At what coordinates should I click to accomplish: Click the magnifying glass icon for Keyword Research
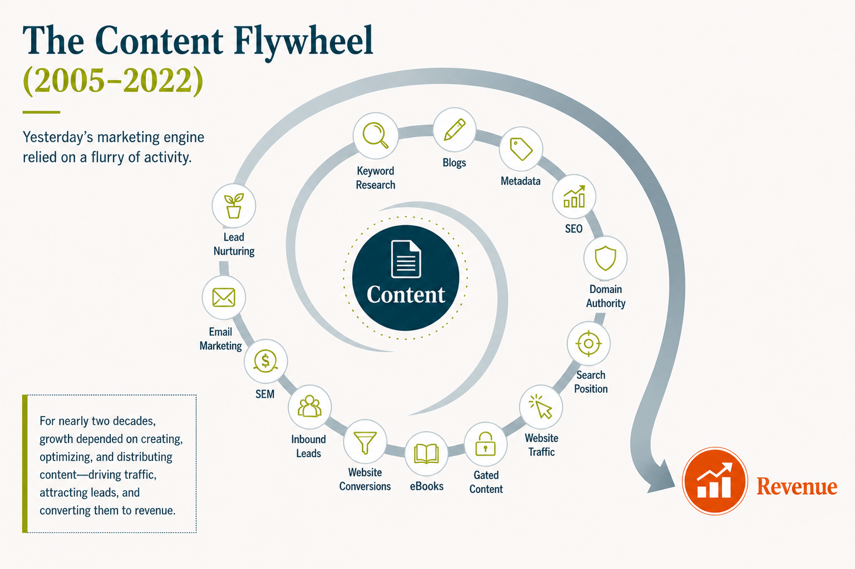click(375, 135)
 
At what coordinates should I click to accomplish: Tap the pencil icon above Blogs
click(454, 130)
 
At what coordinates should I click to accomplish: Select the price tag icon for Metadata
click(521, 149)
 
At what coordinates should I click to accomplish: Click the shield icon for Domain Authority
click(605, 258)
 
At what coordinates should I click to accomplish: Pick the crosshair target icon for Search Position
click(589, 344)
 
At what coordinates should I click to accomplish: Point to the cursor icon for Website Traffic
click(541, 407)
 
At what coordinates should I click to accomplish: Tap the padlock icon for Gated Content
click(486, 444)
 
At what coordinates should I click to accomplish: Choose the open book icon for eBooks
click(426, 453)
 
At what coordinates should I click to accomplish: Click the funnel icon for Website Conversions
click(365, 442)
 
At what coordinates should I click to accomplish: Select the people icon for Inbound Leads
click(309, 407)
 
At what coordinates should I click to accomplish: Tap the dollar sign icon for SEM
click(265, 361)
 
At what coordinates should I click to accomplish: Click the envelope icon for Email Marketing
click(224, 297)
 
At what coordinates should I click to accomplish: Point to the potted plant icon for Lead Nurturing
click(234, 205)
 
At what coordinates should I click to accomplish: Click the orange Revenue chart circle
click(715, 481)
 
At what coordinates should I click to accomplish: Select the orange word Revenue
click(797, 486)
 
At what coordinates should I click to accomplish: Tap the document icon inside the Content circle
click(406, 259)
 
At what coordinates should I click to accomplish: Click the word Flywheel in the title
click(303, 41)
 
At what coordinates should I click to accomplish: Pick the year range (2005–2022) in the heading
click(113, 81)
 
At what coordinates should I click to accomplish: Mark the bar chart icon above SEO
click(574, 196)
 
